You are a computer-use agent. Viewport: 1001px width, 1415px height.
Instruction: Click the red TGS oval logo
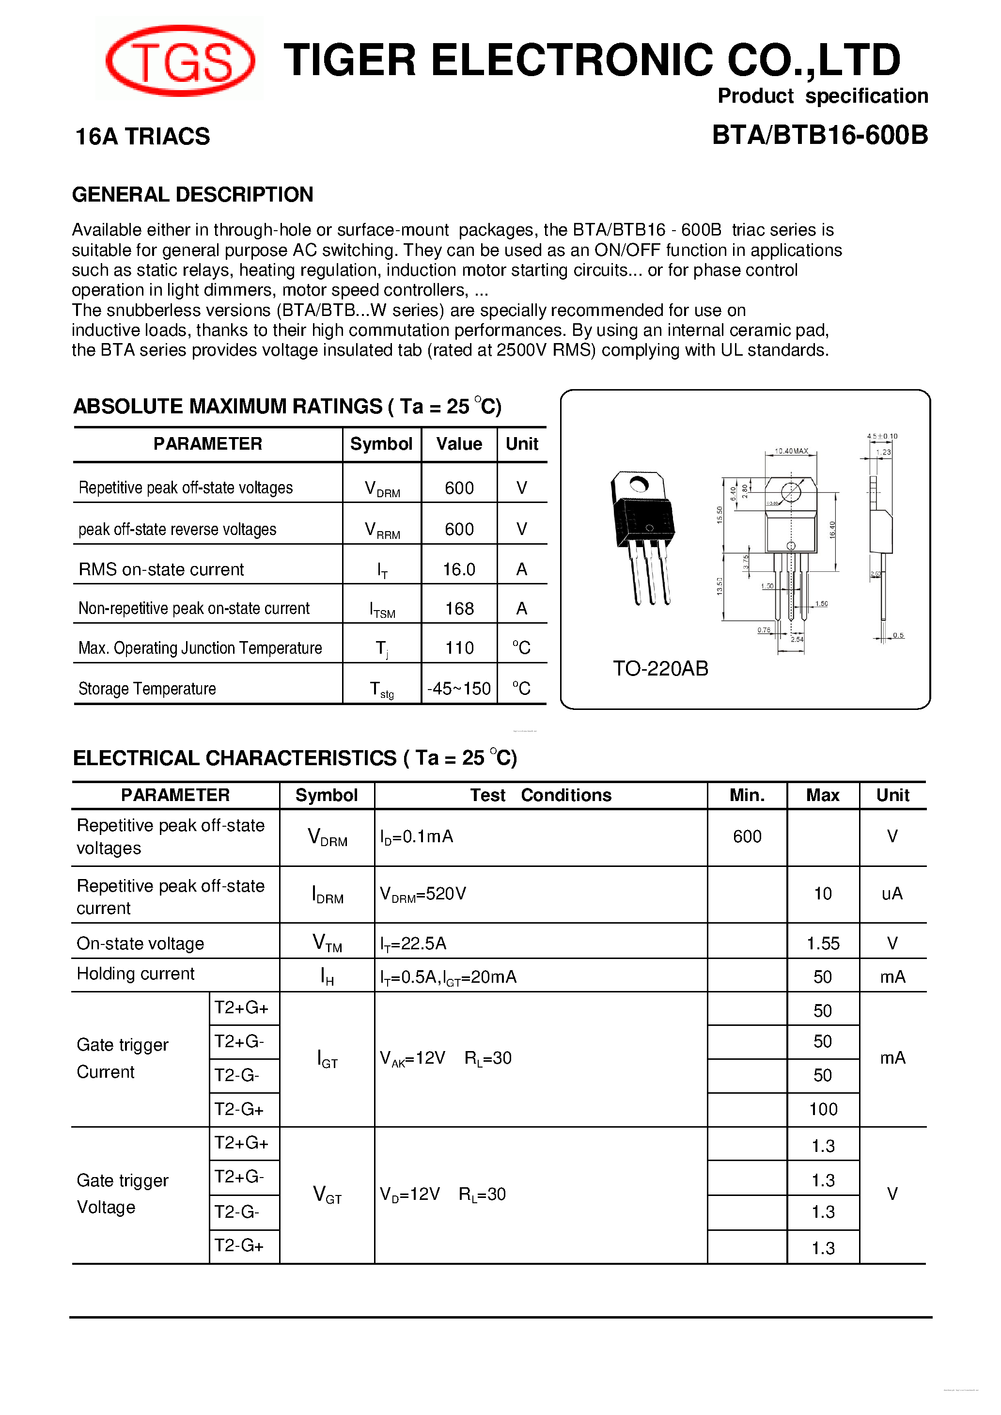180,61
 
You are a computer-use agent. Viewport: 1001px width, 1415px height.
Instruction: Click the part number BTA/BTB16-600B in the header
819,135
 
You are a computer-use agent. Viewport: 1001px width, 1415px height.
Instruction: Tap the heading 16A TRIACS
142,136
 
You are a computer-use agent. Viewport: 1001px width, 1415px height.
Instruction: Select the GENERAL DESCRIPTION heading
192,194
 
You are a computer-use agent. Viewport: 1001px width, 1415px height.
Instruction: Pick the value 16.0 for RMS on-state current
459,569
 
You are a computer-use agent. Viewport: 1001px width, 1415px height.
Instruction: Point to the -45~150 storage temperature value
459,689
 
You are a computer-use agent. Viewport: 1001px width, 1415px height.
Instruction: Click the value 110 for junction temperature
459,648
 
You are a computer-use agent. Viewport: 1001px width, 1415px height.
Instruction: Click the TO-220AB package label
660,668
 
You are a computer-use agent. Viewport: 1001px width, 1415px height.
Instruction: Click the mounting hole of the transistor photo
639,485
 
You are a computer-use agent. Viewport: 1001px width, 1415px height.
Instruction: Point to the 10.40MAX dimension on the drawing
791,451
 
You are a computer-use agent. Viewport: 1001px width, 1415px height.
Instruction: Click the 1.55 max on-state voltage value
823,943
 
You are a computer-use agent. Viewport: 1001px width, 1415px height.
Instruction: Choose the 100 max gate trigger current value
823,1109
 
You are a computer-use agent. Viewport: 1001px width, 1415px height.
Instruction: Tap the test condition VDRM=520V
423,894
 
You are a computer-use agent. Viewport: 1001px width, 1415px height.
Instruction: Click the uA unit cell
892,894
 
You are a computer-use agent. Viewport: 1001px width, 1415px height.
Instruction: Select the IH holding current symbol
327,976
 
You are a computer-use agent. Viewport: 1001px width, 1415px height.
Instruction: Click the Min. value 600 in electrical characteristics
747,836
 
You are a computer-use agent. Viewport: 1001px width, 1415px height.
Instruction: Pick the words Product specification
822,96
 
